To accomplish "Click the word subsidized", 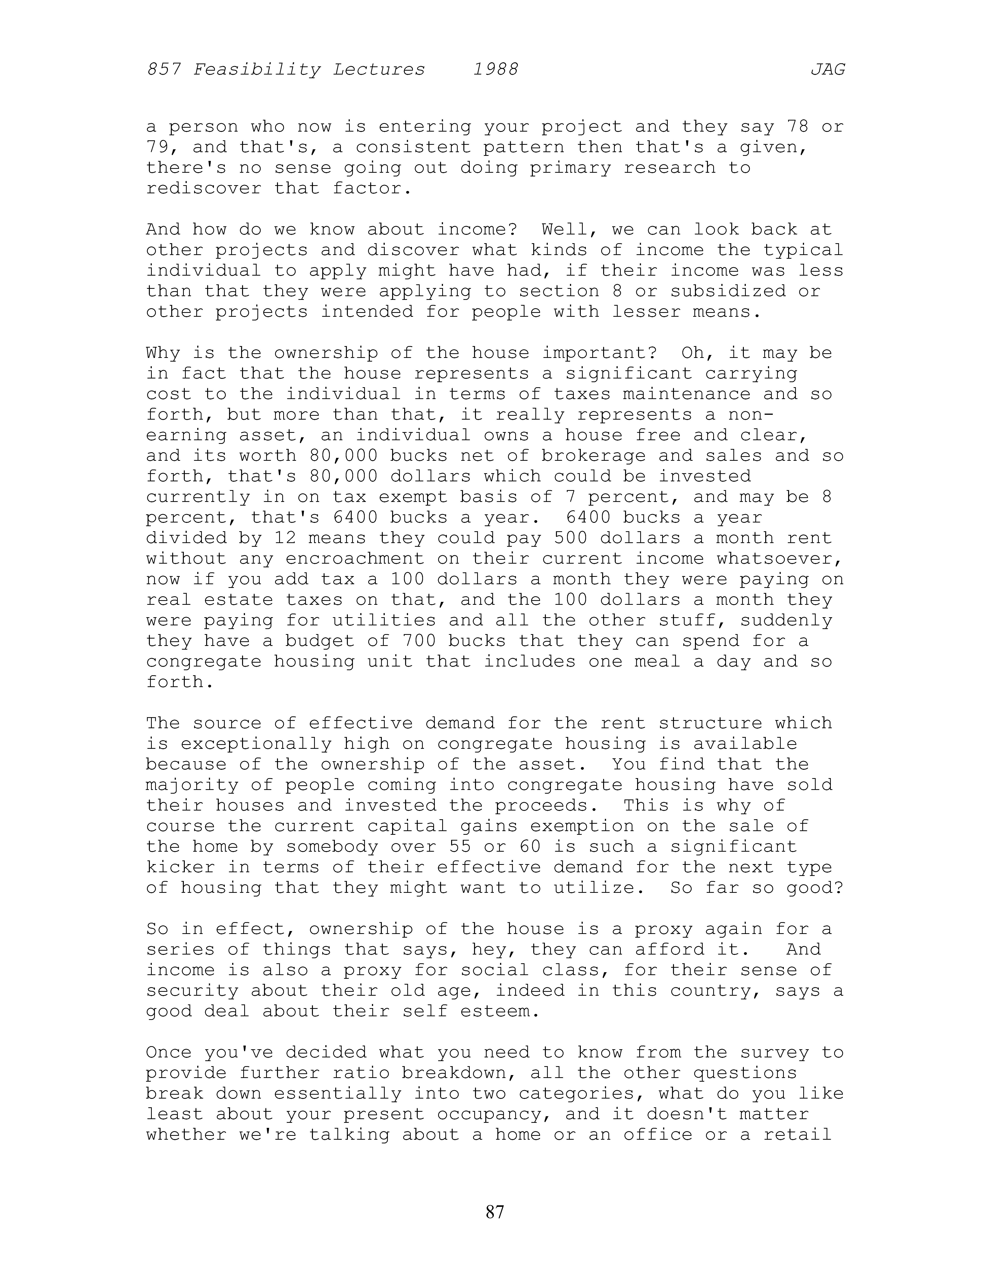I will point(727,292).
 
